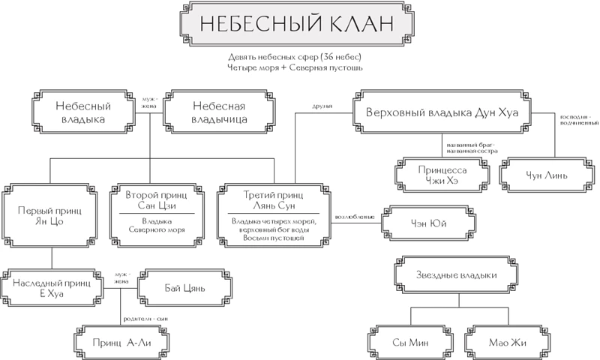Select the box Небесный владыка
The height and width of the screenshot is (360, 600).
point(83,112)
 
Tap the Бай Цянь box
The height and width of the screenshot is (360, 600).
point(184,287)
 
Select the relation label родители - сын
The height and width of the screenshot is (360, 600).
point(142,317)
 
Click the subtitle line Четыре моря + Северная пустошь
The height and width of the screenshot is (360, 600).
point(298,67)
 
